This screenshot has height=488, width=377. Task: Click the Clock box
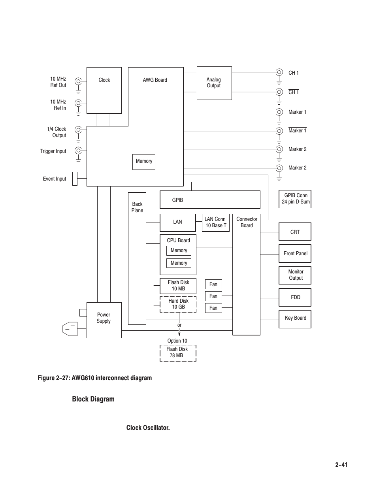tap(104, 90)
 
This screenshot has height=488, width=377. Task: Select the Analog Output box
tap(214, 83)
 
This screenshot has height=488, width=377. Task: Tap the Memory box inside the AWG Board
tap(144, 162)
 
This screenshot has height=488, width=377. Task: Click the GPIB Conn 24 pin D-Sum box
tap(295, 199)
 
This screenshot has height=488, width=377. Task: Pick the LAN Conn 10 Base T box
tap(216, 222)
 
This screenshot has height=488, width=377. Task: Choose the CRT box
tap(295, 232)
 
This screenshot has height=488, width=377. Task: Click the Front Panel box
tap(295, 253)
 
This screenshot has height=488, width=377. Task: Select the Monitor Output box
tap(295, 275)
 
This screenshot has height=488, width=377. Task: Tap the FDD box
tap(295, 297)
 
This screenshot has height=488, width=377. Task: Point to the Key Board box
tap(295, 318)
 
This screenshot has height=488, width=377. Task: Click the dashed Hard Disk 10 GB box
tap(178, 304)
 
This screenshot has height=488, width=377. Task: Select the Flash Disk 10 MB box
tap(178, 286)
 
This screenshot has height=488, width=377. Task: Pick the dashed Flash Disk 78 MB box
tap(178, 353)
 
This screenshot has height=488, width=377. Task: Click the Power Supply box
tap(104, 320)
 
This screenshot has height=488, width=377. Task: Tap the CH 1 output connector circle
tap(279, 72)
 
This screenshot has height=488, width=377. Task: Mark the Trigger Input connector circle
tap(78, 150)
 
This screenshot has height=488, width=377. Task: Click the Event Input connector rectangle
tap(75, 179)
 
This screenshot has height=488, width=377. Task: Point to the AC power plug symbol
tap(70, 329)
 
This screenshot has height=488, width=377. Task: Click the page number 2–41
tap(341, 465)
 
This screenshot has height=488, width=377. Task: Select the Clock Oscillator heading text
tap(148, 428)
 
